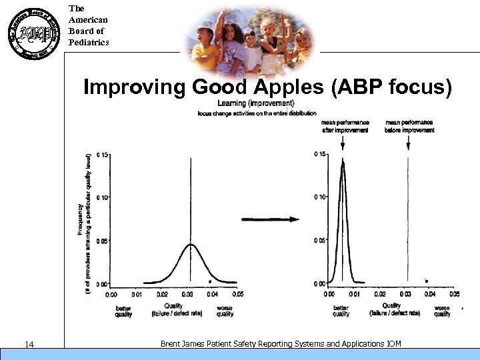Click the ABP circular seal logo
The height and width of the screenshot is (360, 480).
click(x=30, y=33)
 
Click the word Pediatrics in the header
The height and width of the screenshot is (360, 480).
click(x=88, y=43)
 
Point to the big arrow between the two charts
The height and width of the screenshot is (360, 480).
click(x=269, y=219)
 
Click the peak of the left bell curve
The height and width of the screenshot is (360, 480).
click(x=191, y=245)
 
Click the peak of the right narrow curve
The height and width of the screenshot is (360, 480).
click(x=342, y=162)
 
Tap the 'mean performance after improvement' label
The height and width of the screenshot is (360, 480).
click(x=344, y=126)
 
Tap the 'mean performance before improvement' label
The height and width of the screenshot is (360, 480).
click(x=409, y=126)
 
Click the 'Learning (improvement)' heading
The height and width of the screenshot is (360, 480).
click(x=255, y=104)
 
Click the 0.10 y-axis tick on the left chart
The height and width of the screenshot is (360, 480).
click(x=102, y=197)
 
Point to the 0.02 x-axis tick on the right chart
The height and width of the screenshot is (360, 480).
click(x=379, y=293)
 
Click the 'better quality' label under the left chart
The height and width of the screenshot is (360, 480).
click(x=123, y=311)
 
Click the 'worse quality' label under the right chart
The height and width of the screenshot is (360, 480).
click(x=441, y=311)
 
